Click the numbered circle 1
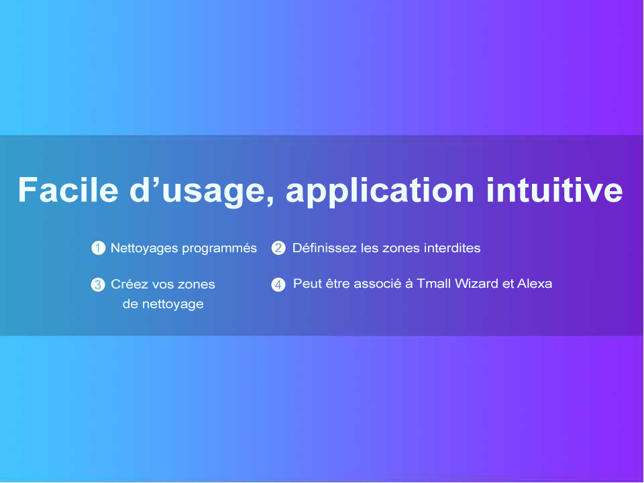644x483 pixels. tap(98, 248)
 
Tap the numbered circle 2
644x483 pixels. tap(278, 248)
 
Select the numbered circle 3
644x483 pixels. tap(98, 284)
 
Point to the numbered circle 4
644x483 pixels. tap(278, 284)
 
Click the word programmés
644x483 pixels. tap(219, 249)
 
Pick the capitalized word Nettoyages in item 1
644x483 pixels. tap(144, 249)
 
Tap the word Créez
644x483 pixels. tap(129, 284)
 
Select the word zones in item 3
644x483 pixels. tap(197, 285)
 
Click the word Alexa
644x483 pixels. tap(535, 283)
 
